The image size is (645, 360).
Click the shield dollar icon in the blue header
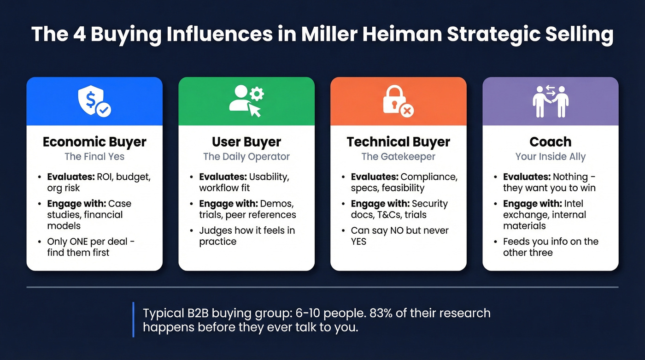pyautogui.click(x=94, y=102)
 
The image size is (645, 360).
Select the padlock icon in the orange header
pyautogui.click(x=398, y=102)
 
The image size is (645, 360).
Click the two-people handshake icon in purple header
pyautogui.click(x=550, y=101)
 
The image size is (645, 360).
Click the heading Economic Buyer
pyautogui.click(x=94, y=142)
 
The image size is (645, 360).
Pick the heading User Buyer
pyautogui.click(x=246, y=142)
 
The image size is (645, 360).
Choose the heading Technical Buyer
pyautogui.click(x=399, y=142)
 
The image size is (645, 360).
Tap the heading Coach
pyautogui.click(x=550, y=142)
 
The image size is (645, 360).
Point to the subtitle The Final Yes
pyautogui.click(x=94, y=157)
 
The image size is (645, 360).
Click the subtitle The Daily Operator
pyautogui.click(x=246, y=157)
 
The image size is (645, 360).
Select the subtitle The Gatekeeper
pyautogui.click(x=399, y=157)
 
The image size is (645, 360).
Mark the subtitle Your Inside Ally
pyautogui.click(x=550, y=157)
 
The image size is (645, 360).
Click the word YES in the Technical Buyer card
pyautogui.click(x=358, y=242)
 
